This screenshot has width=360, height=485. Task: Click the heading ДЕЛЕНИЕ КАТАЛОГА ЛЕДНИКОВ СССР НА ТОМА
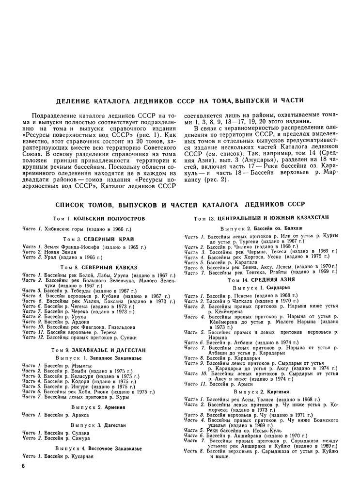pyautogui.click(x=180, y=100)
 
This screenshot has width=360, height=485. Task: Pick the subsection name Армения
pyautogui.click(x=115, y=407)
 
